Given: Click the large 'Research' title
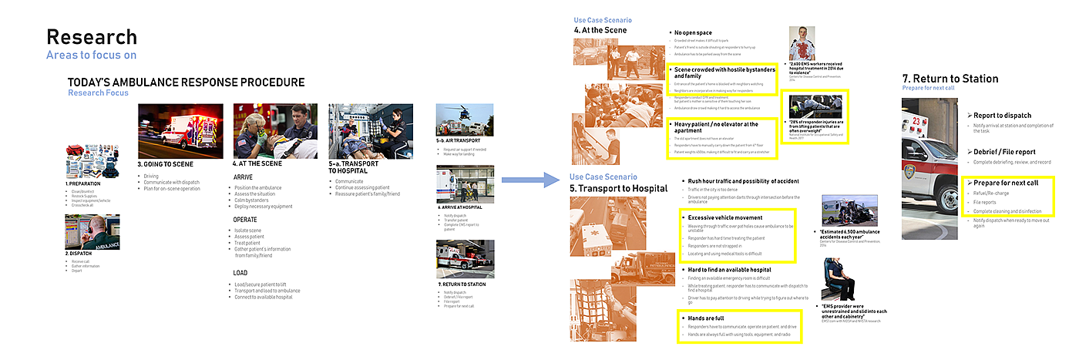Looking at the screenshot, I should (92, 36).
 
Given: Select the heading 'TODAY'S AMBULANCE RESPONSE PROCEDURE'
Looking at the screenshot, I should (186, 82).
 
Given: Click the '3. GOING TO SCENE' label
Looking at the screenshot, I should (165, 164).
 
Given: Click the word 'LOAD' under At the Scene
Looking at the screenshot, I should (240, 273).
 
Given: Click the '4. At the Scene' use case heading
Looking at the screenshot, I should (600, 30).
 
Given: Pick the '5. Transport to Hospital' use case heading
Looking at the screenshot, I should (619, 187).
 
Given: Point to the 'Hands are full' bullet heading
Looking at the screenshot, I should (704, 317).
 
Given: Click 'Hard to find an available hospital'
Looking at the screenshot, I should (729, 269).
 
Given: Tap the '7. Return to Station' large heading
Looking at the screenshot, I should (950, 79).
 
